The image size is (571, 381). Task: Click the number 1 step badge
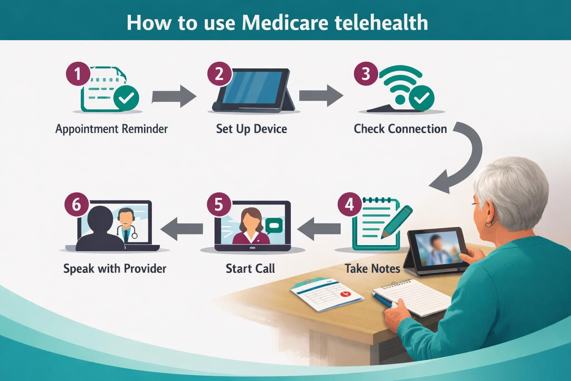point(78,74)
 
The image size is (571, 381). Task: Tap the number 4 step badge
point(349,204)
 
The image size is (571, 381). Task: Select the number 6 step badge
point(76,204)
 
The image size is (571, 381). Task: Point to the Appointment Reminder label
point(112,129)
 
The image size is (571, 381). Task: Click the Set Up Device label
point(251,129)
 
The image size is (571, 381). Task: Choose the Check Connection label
point(400,129)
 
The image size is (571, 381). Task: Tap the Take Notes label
point(372,269)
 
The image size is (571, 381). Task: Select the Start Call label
point(250,269)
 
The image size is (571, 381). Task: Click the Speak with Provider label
point(114,269)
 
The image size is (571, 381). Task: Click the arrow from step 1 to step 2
point(174,96)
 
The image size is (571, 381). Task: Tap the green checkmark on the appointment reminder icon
point(126,98)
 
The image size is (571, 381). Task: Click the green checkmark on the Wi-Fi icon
point(421,98)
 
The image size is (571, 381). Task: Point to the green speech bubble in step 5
point(274,224)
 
